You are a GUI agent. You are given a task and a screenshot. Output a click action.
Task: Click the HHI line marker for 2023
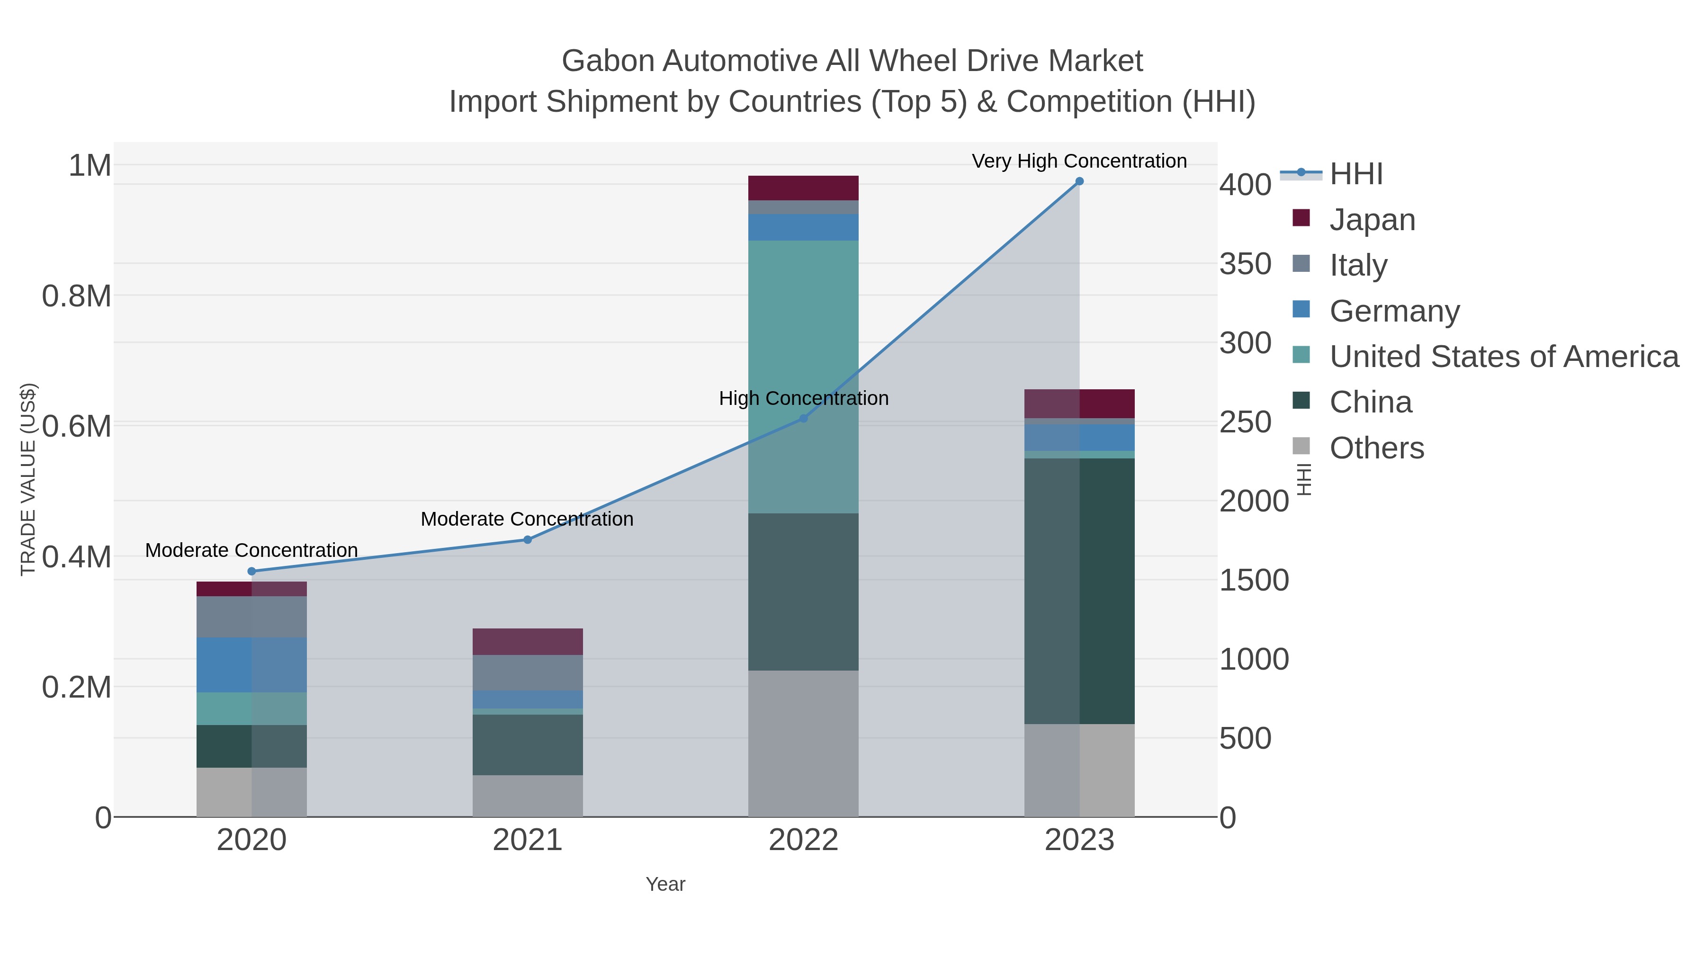click(x=1079, y=181)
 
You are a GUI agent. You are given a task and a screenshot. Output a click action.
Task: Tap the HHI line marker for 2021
click(x=528, y=540)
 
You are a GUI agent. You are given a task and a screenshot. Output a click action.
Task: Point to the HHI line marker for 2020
click(x=251, y=571)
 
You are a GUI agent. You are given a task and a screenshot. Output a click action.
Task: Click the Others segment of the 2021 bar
click(x=528, y=796)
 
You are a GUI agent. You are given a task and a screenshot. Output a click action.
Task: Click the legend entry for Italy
click(x=1358, y=265)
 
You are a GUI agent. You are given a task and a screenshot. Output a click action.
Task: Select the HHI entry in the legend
click(x=1355, y=174)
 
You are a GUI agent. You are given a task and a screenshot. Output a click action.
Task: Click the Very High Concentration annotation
click(x=1079, y=161)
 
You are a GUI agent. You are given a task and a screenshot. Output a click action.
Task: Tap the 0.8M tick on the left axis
click(x=77, y=296)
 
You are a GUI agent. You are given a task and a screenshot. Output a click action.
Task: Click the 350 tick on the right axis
click(x=1245, y=264)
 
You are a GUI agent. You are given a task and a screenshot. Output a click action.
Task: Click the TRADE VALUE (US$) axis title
click(x=28, y=479)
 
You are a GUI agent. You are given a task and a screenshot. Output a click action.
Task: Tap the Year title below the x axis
click(x=665, y=884)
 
